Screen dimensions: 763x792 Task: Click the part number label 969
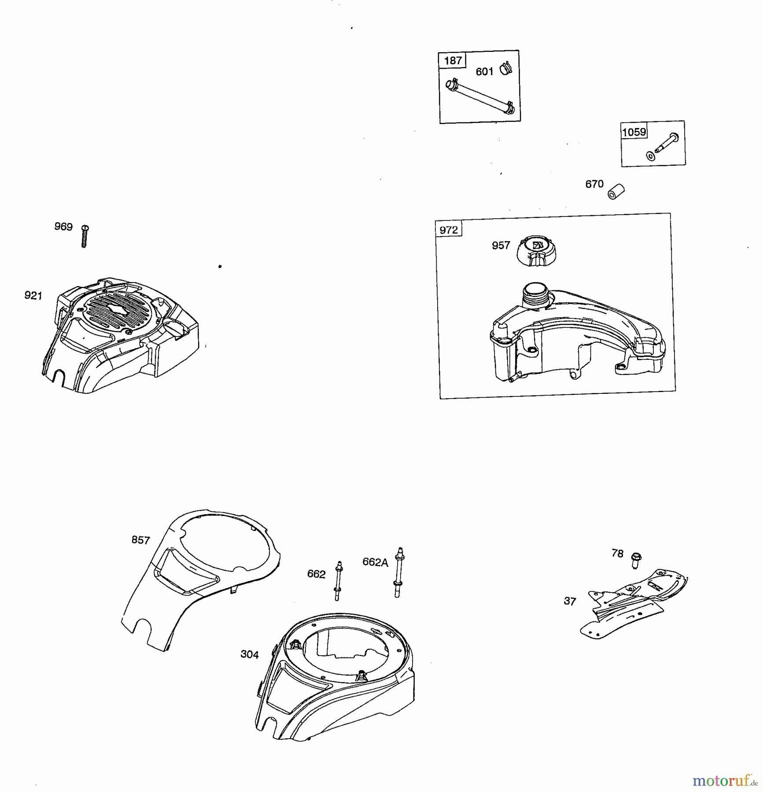(x=63, y=227)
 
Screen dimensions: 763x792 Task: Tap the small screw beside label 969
(x=85, y=236)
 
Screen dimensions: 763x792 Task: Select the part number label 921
(x=33, y=296)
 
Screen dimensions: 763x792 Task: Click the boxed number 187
(x=453, y=60)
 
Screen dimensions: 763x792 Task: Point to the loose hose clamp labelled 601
(x=506, y=69)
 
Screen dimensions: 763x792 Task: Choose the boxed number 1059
(x=634, y=132)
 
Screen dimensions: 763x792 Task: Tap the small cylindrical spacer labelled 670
(x=616, y=191)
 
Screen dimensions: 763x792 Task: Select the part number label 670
(x=594, y=184)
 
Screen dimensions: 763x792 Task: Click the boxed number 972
(x=449, y=230)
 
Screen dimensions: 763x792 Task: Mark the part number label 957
(x=501, y=245)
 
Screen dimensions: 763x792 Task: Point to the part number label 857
(x=141, y=540)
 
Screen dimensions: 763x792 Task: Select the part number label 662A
(x=376, y=562)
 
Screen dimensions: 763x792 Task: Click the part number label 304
(x=250, y=654)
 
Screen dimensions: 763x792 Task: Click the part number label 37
(x=570, y=601)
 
